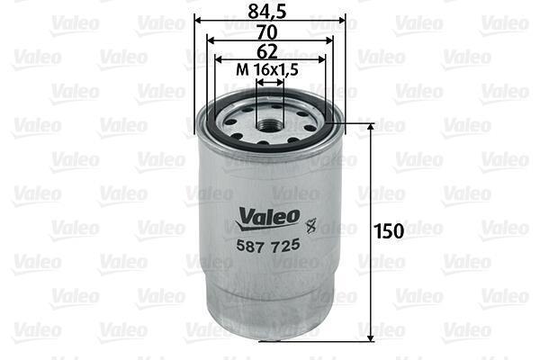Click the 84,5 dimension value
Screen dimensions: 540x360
coord(267,11)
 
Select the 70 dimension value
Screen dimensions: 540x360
coord(267,32)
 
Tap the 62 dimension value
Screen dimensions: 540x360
coord(267,51)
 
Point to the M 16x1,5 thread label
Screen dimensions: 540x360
coord(267,70)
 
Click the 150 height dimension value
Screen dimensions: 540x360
coord(389,231)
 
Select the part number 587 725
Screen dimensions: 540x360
coord(268,246)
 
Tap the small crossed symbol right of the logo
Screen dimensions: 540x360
coord(310,226)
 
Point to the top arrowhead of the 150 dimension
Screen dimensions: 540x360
coord(371,128)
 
